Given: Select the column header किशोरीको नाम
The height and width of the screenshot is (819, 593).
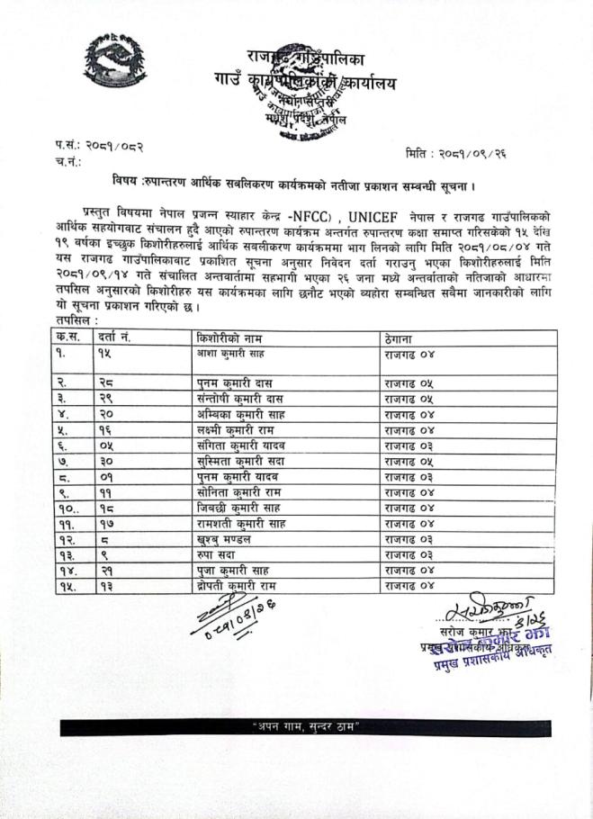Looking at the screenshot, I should coord(226,338).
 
